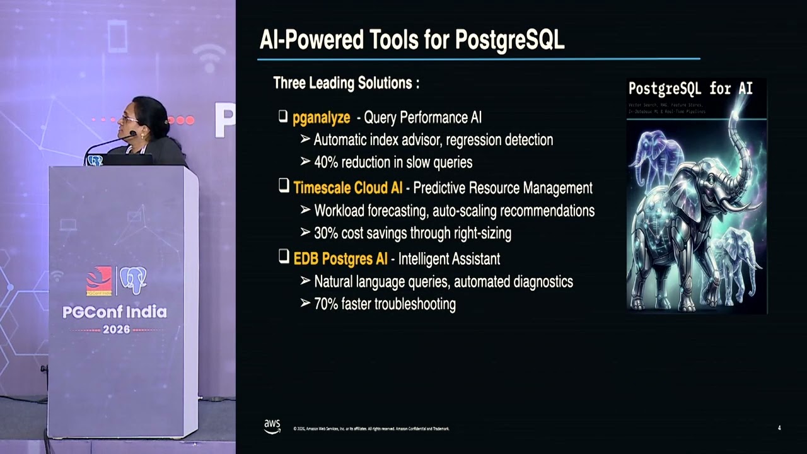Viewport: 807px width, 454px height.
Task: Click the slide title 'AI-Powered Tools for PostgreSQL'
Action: point(412,40)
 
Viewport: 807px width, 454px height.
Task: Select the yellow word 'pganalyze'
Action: point(321,117)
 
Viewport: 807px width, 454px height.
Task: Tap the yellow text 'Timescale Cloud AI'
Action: point(347,188)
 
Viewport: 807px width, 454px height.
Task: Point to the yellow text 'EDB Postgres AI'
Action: point(340,259)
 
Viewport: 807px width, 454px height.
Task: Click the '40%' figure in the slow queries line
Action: point(326,163)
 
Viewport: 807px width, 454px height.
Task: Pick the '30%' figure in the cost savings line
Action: point(326,233)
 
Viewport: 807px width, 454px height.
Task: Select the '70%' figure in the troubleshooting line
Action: point(326,304)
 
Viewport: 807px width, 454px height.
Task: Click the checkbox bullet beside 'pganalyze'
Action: point(283,117)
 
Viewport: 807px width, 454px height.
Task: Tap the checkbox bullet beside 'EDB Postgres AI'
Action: point(284,258)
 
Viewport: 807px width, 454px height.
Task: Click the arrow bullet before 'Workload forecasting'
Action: point(305,210)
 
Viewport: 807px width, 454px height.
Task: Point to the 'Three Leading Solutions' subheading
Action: point(346,83)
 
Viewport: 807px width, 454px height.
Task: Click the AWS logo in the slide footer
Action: point(272,427)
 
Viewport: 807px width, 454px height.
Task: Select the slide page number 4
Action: point(779,428)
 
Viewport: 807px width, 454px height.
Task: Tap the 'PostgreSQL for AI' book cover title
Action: point(690,88)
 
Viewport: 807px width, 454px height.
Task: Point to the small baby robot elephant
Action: point(738,259)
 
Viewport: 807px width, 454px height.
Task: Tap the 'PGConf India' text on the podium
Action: point(115,312)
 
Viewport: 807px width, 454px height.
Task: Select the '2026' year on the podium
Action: point(116,329)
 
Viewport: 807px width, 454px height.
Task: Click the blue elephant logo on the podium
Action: point(133,281)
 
